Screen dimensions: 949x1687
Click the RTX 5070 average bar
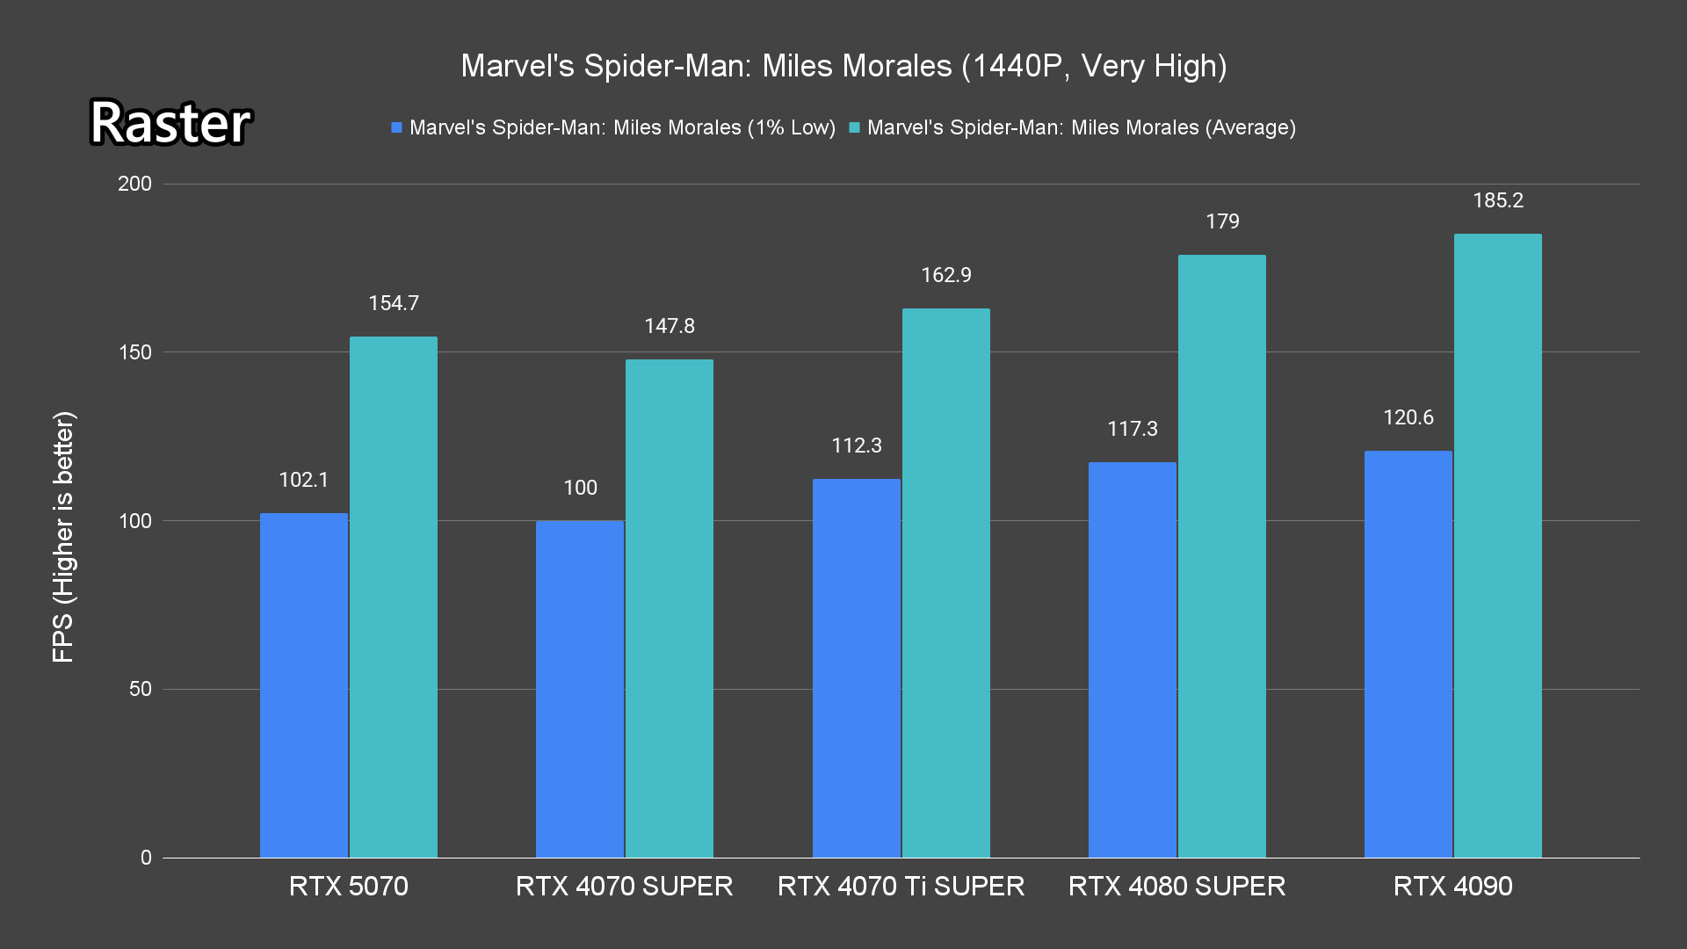(x=393, y=598)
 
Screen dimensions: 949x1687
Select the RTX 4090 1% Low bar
(x=1408, y=655)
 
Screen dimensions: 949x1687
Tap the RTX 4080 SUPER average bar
(x=1221, y=556)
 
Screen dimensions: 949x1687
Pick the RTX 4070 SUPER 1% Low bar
(x=579, y=690)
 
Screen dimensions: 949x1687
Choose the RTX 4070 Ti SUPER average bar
(x=945, y=583)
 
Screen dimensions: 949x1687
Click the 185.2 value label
(x=1498, y=200)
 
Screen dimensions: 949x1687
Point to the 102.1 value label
(x=303, y=480)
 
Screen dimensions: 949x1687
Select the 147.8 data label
(x=670, y=326)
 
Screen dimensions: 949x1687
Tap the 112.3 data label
(x=857, y=446)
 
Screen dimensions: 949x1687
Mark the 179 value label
(x=1222, y=221)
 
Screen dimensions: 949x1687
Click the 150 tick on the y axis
(x=134, y=352)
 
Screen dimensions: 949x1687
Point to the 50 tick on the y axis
(x=141, y=689)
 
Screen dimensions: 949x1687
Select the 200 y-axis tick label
(x=134, y=184)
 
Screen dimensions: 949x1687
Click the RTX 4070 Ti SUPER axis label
(x=901, y=886)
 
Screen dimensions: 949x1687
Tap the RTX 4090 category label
(x=1452, y=886)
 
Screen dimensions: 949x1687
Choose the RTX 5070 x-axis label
(x=348, y=886)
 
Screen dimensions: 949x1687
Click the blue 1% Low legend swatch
(x=397, y=128)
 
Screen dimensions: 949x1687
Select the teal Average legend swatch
(x=854, y=128)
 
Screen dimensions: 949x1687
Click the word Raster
(x=170, y=122)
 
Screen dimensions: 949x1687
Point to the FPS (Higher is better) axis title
(x=63, y=536)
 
